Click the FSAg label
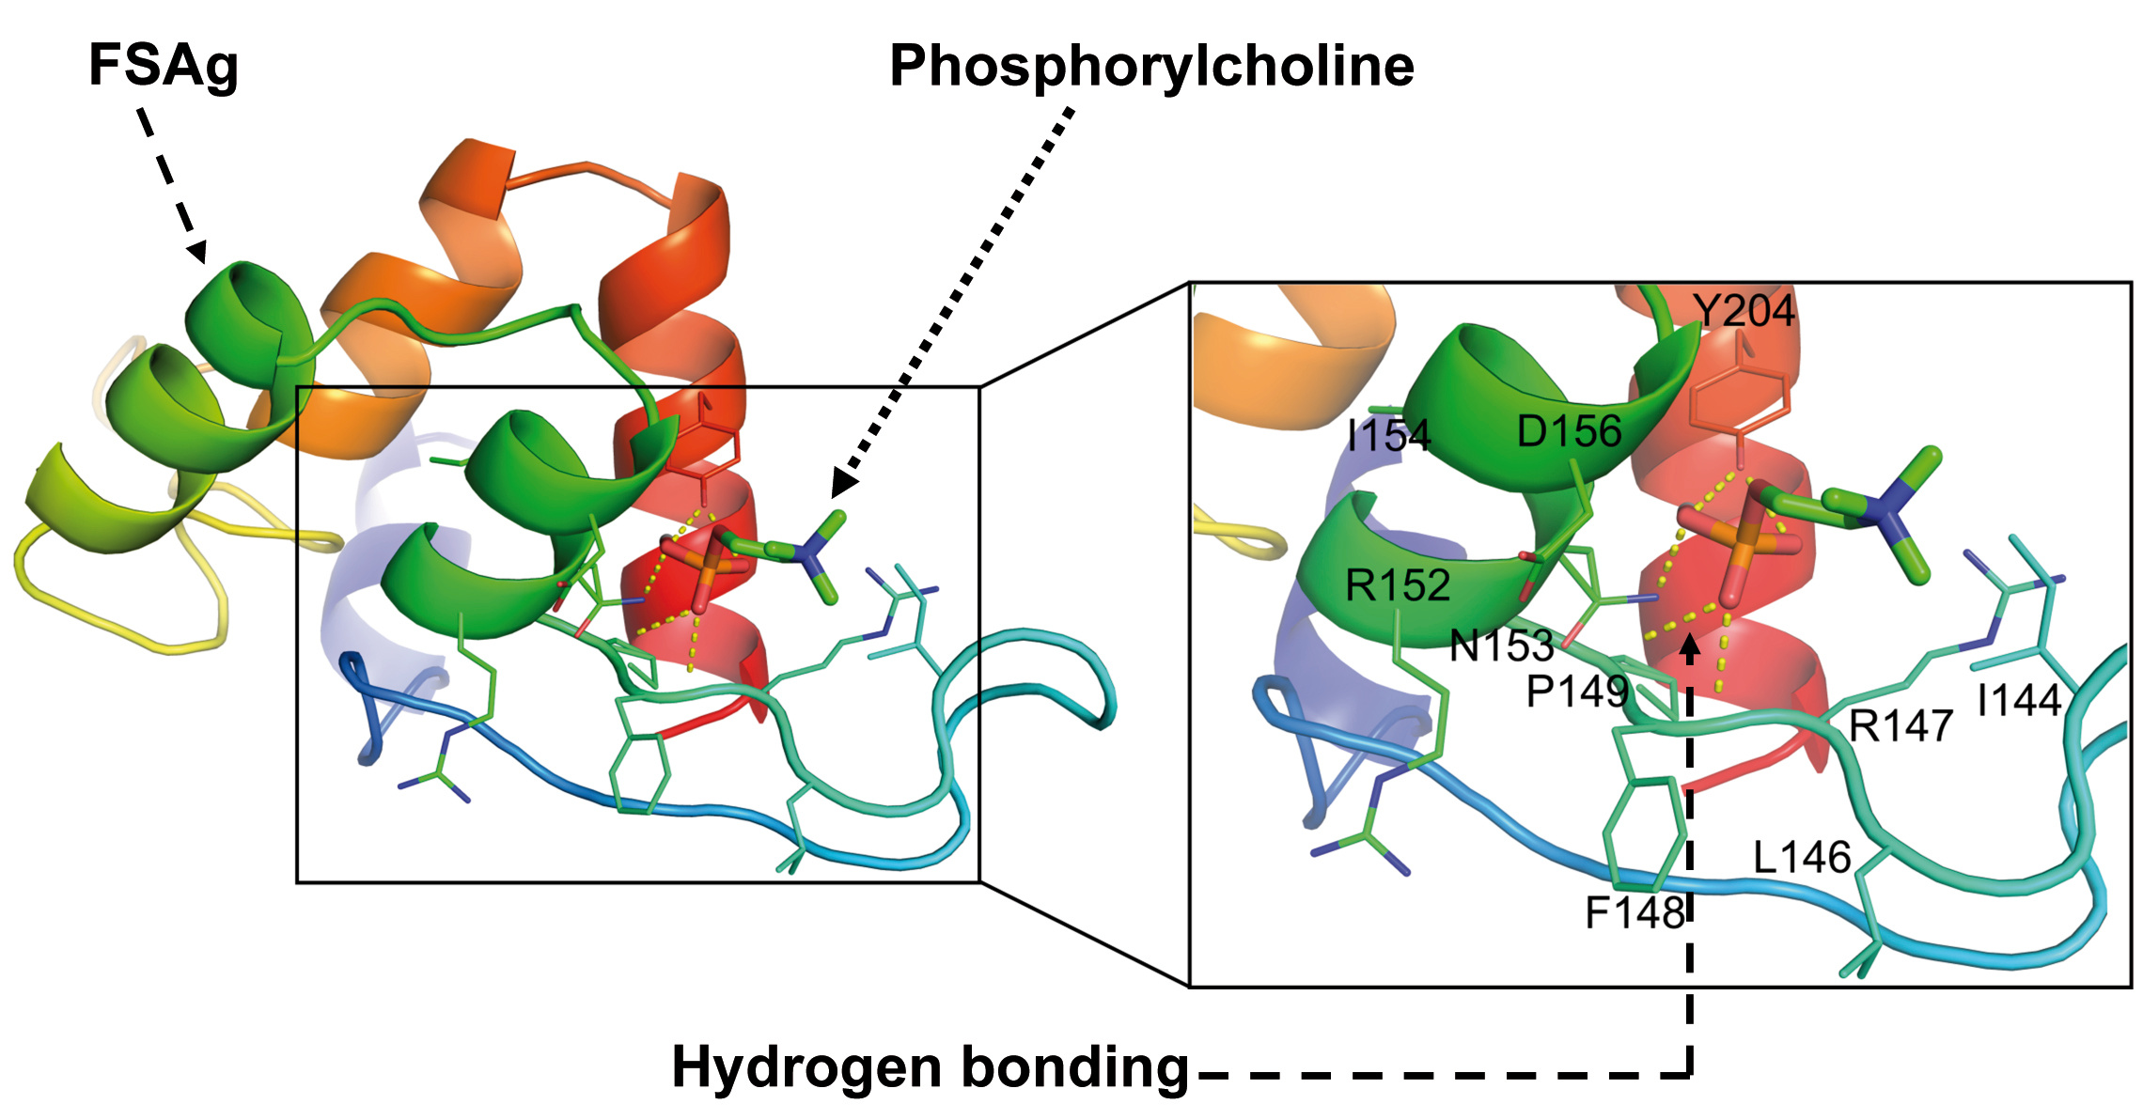point(164,67)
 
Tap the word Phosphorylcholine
point(1151,67)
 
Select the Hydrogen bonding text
point(931,1068)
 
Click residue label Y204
point(1744,311)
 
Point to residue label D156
point(1570,432)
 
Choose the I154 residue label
point(1388,436)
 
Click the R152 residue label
point(1398,585)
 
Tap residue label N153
point(1501,646)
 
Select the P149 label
point(1577,692)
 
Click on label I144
point(2019,700)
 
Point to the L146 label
point(1802,857)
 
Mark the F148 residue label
point(1635,912)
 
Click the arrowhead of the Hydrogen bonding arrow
point(1690,646)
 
